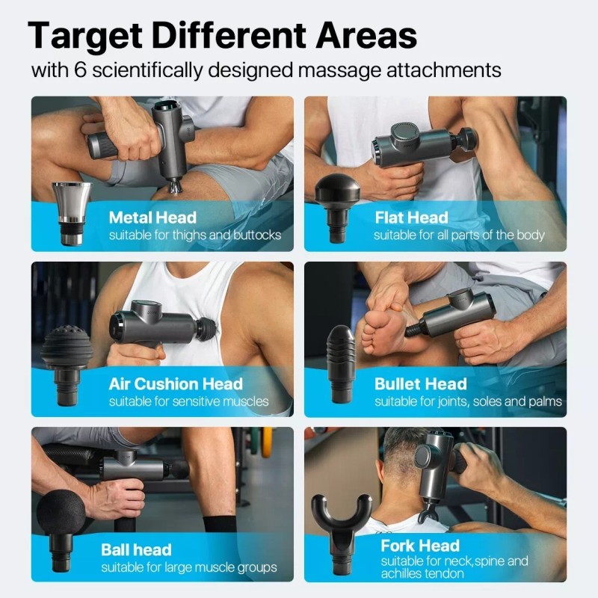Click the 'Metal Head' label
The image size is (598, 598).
pos(152,218)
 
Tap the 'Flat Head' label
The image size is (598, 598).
pos(411,218)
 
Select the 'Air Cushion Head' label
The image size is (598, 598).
pos(176,384)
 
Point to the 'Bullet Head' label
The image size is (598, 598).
pos(420,384)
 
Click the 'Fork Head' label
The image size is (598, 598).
pos(419,546)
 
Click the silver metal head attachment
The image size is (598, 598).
pos(71,214)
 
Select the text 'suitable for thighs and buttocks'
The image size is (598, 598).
pos(195,235)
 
